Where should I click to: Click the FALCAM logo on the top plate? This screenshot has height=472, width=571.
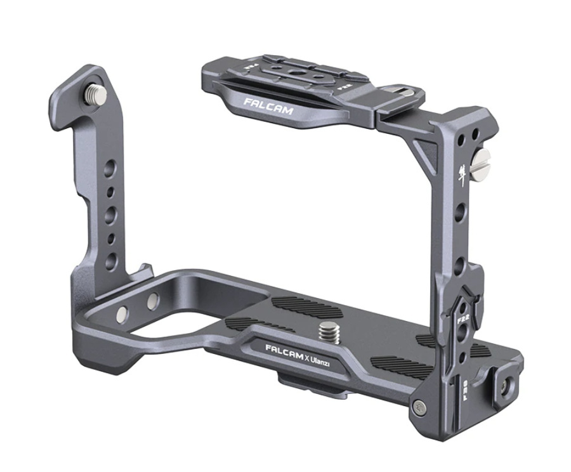coord(268,106)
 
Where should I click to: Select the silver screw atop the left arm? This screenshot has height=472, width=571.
coord(96,95)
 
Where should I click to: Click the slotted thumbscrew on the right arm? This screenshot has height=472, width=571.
coord(485,156)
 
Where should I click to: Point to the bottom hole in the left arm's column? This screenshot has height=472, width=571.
coord(112,260)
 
